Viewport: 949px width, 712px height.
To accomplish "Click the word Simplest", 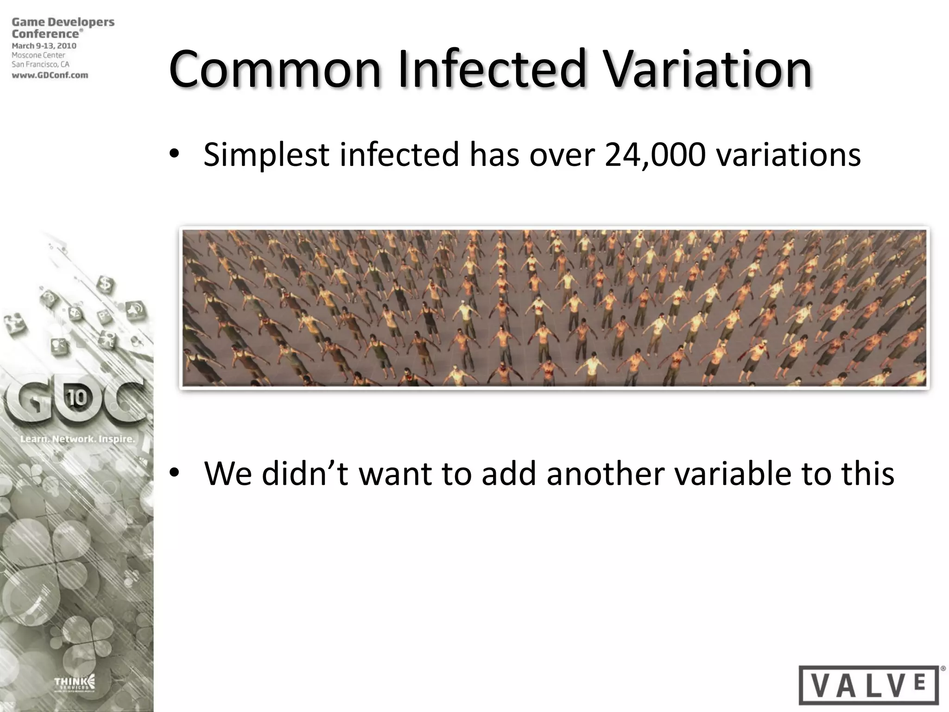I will (x=266, y=155).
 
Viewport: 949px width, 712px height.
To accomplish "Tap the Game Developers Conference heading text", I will (x=63, y=28).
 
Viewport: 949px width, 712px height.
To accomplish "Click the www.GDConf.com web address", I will (x=50, y=75).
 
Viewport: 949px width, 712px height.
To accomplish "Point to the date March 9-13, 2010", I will (x=44, y=46).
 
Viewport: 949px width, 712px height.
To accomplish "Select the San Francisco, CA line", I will (x=40, y=65).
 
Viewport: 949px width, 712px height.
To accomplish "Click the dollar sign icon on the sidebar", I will (x=106, y=282).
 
